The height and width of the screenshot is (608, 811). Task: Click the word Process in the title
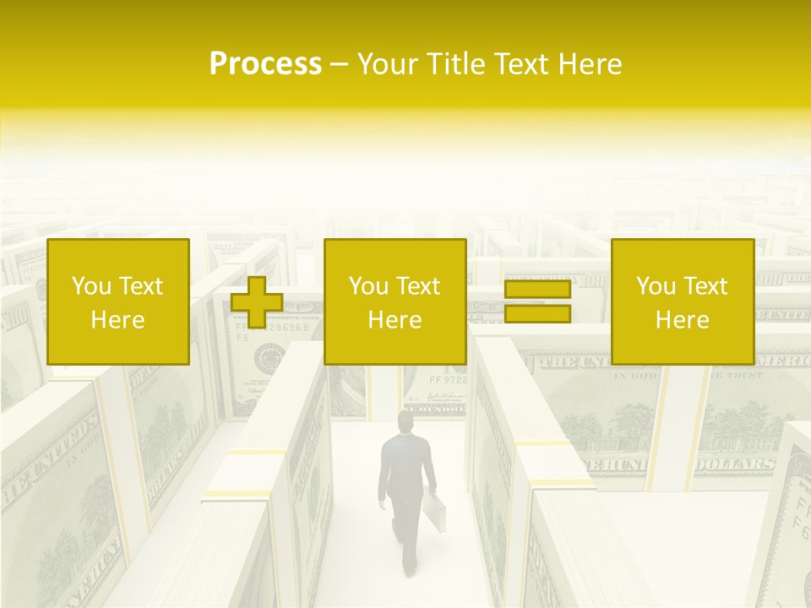265,64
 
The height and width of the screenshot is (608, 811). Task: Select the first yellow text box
118,301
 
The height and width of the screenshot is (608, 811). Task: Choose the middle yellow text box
395,301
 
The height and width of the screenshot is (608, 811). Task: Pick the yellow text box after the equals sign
682,301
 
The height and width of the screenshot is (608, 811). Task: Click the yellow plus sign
257,301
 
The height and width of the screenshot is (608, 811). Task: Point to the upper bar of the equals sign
537,290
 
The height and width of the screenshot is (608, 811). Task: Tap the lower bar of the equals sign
537,314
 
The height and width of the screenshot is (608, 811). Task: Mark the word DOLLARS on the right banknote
734,464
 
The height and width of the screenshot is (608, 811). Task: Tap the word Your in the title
388,64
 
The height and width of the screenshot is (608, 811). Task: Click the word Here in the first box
117,319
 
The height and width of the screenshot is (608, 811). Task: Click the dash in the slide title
340,64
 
